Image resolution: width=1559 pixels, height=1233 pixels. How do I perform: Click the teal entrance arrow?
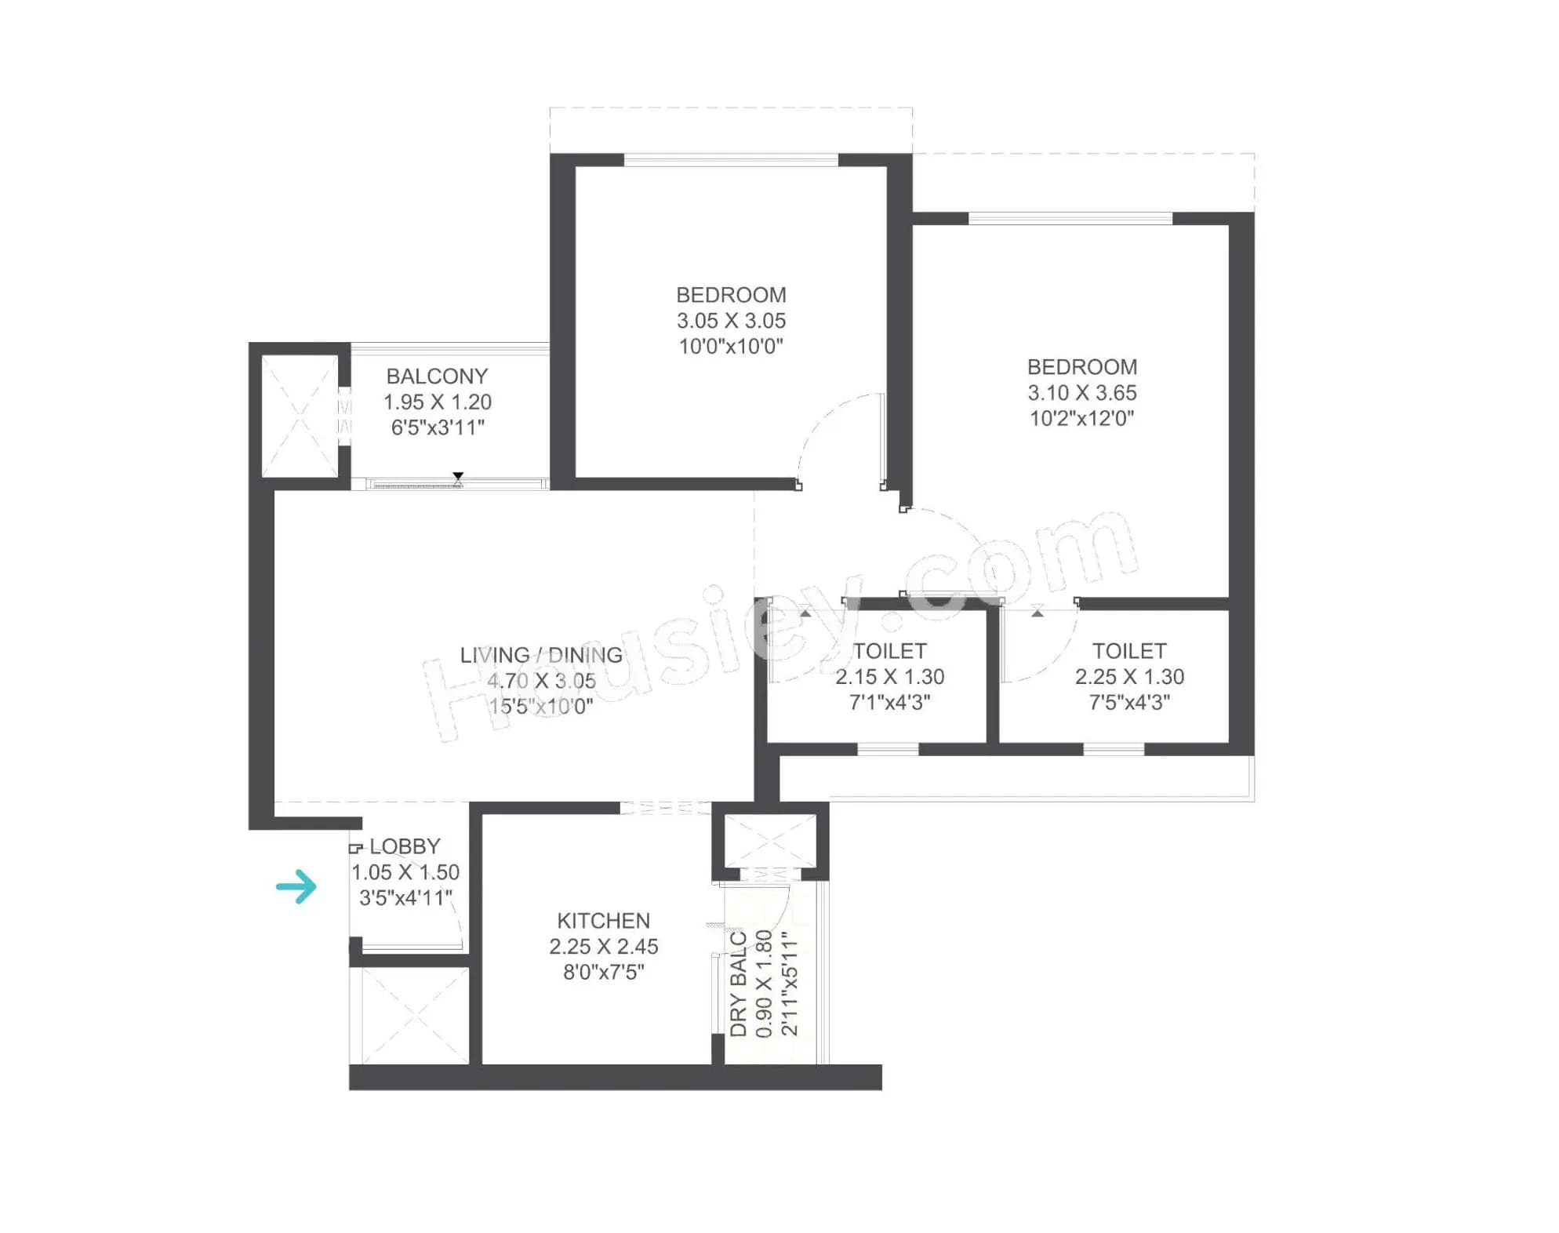(296, 887)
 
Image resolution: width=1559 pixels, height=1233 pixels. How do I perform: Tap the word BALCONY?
(437, 376)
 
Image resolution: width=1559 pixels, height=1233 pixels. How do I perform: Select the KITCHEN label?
(603, 921)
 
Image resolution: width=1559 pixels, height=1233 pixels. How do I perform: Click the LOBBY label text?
(405, 847)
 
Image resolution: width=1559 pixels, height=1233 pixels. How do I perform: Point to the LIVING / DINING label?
(541, 655)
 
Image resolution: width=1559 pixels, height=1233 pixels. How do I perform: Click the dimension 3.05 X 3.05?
(731, 321)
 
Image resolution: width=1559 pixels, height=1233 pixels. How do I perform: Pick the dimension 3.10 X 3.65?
(1082, 393)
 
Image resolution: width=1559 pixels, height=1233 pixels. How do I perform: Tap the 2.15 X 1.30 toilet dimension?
(889, 677)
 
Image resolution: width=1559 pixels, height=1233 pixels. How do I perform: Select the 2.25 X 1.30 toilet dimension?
(1129, 677)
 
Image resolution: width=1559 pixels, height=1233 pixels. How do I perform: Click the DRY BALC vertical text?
(739, 984)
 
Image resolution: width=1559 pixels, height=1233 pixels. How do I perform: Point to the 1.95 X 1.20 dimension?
(438, 402)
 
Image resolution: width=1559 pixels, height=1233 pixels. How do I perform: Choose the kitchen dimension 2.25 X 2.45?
(603, 947)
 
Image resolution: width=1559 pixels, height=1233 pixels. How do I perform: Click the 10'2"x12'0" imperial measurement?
(1082, 419)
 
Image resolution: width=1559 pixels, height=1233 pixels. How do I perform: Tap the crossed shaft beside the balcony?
(300, 416)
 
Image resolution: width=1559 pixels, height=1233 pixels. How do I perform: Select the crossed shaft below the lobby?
(409, 1016)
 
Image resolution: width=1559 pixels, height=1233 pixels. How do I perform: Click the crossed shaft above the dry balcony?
(770, 841)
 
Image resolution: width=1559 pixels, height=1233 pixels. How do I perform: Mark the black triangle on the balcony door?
(458, 476)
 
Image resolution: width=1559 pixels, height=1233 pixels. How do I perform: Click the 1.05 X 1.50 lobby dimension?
(405, 872)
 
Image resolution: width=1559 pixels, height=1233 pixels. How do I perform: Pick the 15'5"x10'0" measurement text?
(541, 707)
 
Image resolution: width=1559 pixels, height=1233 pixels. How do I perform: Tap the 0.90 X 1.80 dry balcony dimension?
(765, 984)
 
